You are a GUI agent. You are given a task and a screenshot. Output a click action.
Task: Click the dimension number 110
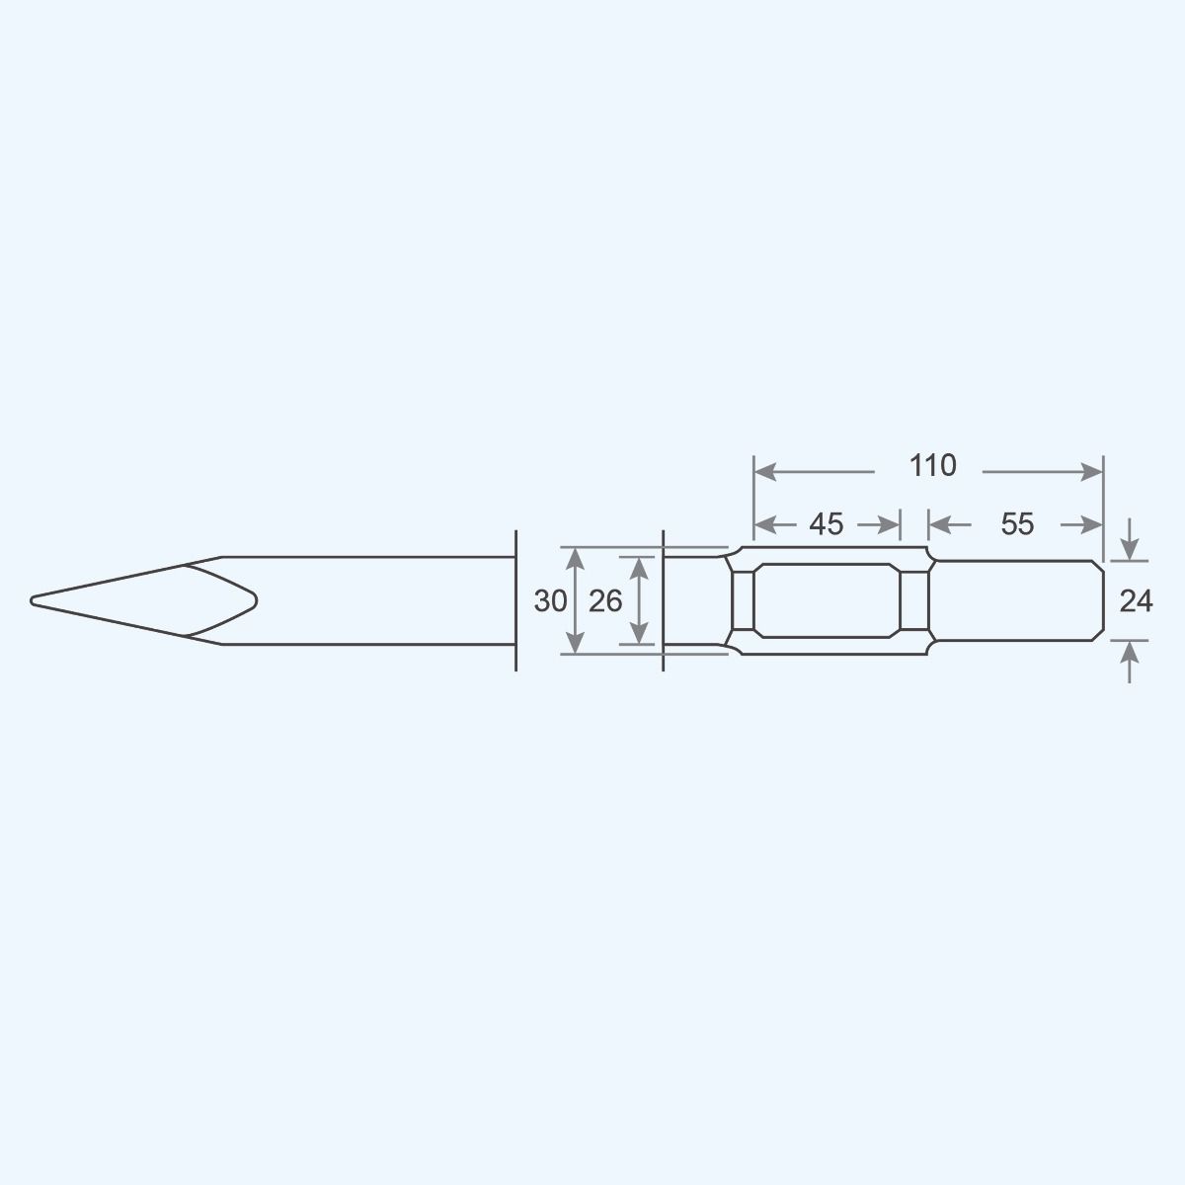click(932, 465)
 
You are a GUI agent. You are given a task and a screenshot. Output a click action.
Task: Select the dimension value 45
click(826, 524)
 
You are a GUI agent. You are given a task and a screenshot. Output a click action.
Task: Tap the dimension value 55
click(1016, 524)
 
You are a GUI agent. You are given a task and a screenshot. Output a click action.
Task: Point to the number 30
click(550, 600)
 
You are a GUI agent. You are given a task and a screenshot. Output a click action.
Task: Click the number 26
click(605, 600)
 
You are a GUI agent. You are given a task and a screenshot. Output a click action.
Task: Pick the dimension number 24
click(1136, 600)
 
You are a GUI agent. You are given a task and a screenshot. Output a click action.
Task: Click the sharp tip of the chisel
click(32, 600)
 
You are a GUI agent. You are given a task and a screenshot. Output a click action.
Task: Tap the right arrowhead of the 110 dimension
click(1092, 472)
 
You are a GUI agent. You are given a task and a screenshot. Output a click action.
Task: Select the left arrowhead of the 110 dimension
click(765, 472)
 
